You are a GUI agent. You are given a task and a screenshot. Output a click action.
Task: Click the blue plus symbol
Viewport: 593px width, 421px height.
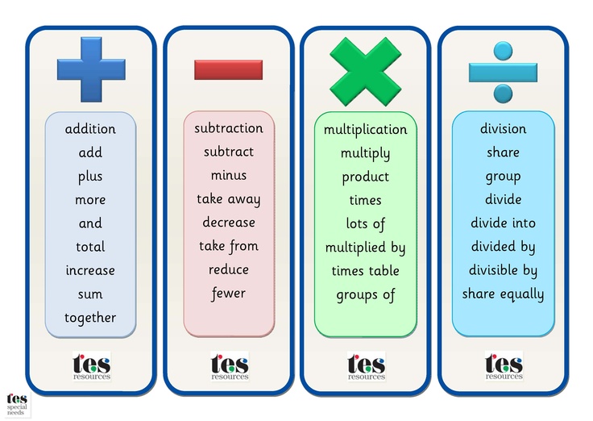pos(91,69)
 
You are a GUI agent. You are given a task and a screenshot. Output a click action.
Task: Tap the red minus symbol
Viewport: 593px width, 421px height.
pos(228,69)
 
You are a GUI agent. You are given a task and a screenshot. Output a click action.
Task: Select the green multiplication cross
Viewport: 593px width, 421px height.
pos(365,71)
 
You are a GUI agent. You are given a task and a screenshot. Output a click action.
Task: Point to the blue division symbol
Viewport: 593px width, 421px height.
pos(503,71)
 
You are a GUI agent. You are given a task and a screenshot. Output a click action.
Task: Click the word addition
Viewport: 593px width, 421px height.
pos(90,129)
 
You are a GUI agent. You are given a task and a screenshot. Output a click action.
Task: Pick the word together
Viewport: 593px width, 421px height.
pos(90,318)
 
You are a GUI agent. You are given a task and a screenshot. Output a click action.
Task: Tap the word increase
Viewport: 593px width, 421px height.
pos(90,270)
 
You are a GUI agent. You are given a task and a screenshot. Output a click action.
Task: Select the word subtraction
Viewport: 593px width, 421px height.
pos(229,128)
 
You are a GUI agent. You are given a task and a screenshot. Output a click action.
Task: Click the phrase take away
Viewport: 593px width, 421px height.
pos(229,199)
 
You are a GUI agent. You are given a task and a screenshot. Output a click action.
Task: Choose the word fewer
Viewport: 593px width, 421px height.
pos(229,293)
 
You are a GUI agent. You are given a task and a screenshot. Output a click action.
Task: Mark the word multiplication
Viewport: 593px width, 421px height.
pos(366,130)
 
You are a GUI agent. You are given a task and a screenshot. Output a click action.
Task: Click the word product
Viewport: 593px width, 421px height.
pos(366,177)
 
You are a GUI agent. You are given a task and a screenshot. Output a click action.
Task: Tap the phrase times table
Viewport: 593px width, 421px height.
pos(366,271)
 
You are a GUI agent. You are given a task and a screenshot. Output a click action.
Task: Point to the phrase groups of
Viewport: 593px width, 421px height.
pos(366,294)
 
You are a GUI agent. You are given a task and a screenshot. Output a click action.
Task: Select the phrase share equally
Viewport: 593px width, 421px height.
pos(503,294)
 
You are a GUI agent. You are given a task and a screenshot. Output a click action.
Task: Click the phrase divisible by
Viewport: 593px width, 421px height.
pos(503,271)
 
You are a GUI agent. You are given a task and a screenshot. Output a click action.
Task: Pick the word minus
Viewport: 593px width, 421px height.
pos(229,175)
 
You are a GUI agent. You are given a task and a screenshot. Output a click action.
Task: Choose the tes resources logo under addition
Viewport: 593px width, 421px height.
pos(91,366)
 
